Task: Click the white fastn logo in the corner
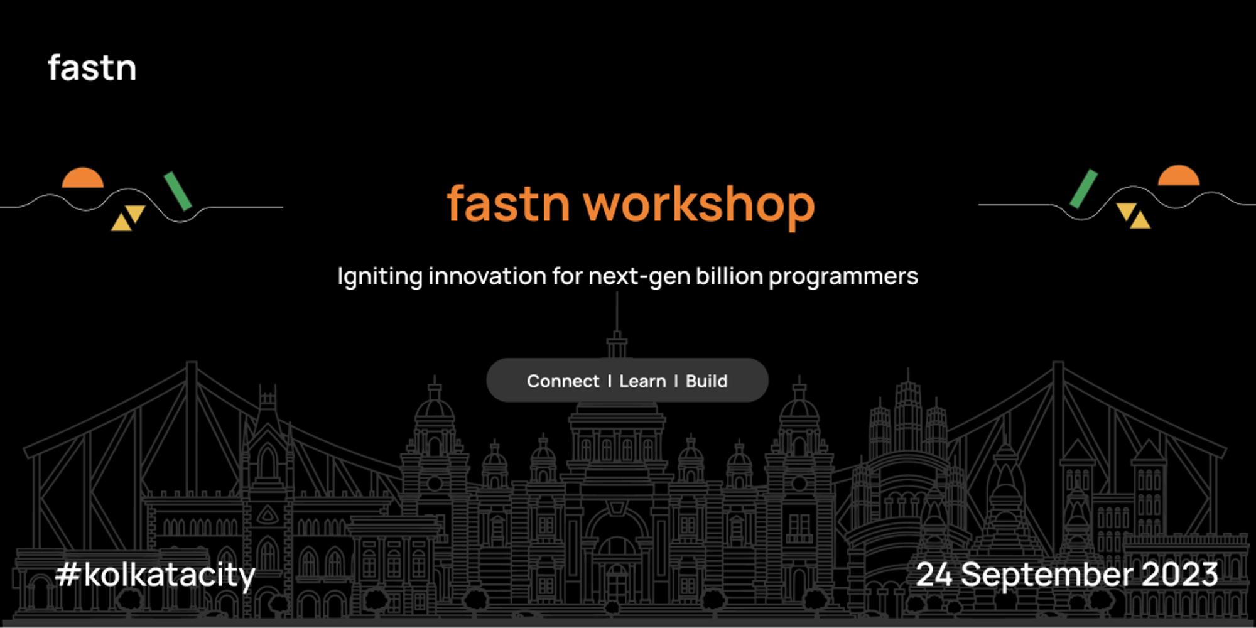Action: pyautogui.click(x=92, y=68)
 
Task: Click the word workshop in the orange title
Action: pyautogui.click(x=698, y=205)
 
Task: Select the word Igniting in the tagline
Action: pyautogui.click(x=379, y=277)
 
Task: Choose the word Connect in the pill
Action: pyautogui.click(x=563, y=381)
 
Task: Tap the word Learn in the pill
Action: pyautogui.click(x=642, y=381)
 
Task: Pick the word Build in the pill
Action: pyautogui.click(x=706, y=381)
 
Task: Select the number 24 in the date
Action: pyautogui.click(x=934, y=575)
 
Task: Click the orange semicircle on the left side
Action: pyautogui.click(x=82, y=179)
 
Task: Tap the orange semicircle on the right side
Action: pyautogui.click(x=1178, y=176)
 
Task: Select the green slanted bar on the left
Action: pyautogui.click(x=178, y=191)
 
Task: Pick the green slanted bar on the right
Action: pyautogui.click(x=1083, y=188)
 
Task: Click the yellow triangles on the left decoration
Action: pyautogui.click(x=128, y=217)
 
